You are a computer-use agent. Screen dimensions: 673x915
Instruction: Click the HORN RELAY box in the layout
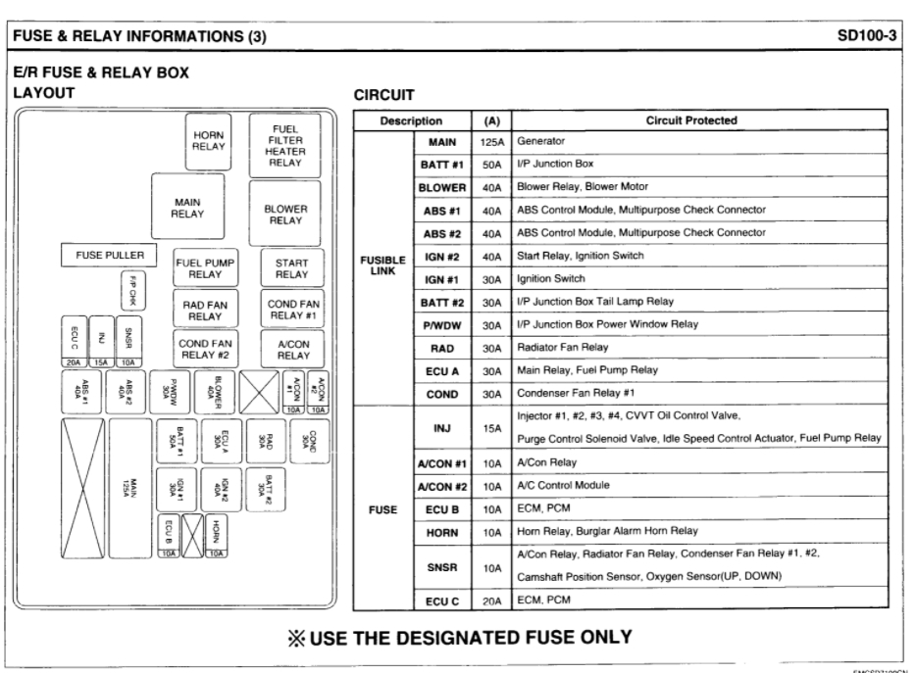[207, 140]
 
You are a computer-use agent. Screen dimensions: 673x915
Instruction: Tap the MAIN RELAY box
[187, 208]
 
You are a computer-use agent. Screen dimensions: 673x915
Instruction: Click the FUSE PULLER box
[109, 256]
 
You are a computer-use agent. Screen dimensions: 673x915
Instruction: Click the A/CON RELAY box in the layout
[291, 349]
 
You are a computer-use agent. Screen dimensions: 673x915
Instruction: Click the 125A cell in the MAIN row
[490, 143]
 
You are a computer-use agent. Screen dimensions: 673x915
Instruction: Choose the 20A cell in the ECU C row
[490, 601]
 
